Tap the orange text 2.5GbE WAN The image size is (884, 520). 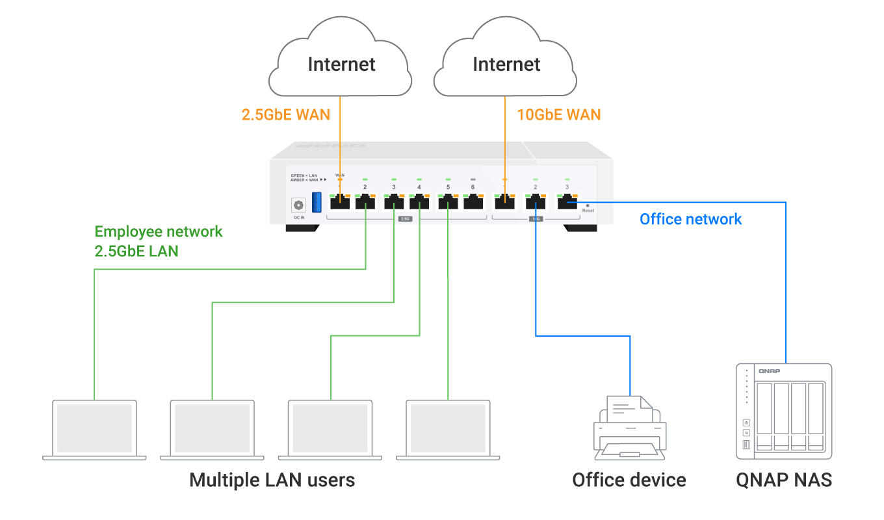pos(285,115)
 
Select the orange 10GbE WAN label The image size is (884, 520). pos(558,115)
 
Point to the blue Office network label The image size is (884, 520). pos(690,219)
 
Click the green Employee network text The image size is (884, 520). pos(159,232)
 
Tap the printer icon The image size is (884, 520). pos(629,426)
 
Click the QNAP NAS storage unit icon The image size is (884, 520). pos(784,408)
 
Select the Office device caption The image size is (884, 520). pos(629,480)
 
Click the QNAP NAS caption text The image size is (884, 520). pos(784,480)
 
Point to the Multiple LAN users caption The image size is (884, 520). pos(272,480)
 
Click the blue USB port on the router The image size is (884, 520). pos(317,201)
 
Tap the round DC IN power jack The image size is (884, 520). pos(299,205)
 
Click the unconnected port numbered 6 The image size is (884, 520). pos(473,201)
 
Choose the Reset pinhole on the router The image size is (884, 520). pos(588,205)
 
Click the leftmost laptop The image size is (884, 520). pos(95,429)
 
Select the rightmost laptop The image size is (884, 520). pos(448,429)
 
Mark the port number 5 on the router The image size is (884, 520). pos(448,187)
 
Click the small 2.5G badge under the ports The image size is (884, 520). pos(404,219)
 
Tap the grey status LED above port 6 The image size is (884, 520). pos(473,179)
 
